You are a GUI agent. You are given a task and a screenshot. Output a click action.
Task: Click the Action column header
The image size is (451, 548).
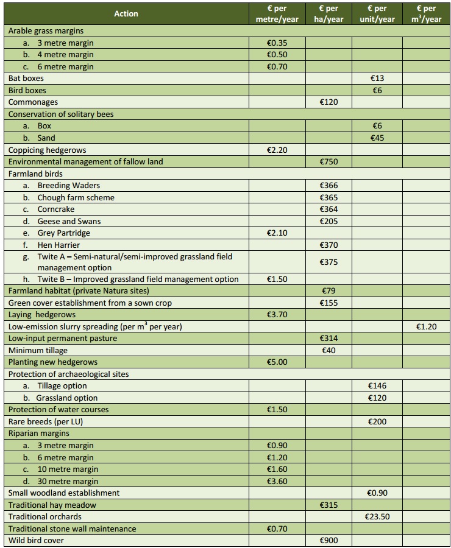(x=126, y=13)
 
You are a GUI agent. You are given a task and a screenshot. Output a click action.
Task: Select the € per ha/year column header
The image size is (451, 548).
(x=328, y=13)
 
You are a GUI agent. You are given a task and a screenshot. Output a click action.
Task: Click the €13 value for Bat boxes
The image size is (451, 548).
(x=377, y=79)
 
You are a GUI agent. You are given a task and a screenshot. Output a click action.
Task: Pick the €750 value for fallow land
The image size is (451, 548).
(x=328, y=162)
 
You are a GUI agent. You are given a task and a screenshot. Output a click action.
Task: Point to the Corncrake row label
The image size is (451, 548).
(x=55, y=209)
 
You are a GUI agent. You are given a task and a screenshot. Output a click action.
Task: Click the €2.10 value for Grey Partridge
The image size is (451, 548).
(x=277, y=233)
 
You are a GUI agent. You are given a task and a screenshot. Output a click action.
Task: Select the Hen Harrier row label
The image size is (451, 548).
(x=59, y=245)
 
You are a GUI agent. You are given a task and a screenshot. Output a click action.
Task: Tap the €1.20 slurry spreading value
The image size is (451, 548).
(x=426, y=327)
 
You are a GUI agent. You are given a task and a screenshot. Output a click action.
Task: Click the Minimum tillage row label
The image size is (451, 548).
(x=38, y=351)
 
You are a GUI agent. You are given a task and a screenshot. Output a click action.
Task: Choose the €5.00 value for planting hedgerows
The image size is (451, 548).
(x=277, y=362)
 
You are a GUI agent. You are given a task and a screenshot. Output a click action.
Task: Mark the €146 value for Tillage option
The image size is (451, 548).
(x=377, y=386)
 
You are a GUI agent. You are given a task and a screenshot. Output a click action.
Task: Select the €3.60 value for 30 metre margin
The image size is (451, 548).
(x=277, y=481)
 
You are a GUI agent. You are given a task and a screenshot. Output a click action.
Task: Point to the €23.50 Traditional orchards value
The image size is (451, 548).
(x=377, y=517)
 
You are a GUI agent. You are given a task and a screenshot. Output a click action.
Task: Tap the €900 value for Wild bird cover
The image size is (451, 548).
(x=328, y=541)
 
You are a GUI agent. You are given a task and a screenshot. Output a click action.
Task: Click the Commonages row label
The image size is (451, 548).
(x=33, y=102)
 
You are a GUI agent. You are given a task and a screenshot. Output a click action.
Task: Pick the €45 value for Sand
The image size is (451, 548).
(x=377, y=138)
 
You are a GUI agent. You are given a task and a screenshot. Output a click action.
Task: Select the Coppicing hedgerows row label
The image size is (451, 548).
(x=47, y=150)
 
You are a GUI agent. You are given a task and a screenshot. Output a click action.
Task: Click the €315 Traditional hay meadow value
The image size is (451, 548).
(x=328, y=505)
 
